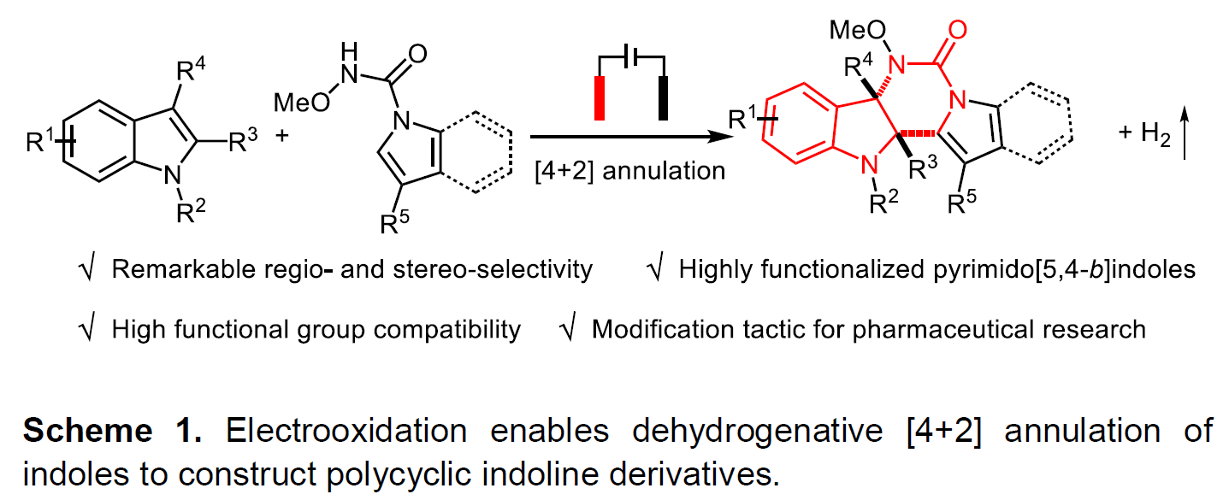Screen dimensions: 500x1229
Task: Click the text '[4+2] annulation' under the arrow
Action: [629, 170]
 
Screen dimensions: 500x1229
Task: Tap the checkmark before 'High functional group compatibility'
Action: [86, 328]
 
